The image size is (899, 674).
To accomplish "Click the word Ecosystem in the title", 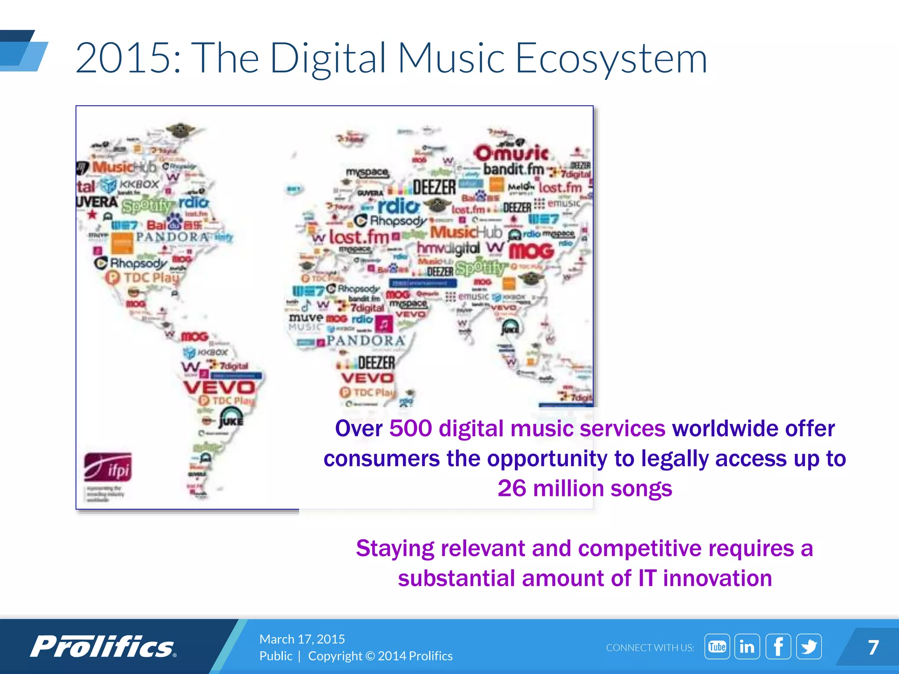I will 611,58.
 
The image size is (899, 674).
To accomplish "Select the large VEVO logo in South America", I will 219,387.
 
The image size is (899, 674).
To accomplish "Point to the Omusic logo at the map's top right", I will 511,153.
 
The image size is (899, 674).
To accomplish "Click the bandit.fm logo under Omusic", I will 514,169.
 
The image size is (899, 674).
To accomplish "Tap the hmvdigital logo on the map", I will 448,248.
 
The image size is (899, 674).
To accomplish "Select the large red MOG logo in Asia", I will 532,251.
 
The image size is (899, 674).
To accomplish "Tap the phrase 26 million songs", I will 585,488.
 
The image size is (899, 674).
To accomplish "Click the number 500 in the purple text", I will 410,428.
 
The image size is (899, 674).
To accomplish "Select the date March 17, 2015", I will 302,639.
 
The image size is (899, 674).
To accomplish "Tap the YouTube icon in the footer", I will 717,646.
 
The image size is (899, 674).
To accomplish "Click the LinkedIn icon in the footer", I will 747,646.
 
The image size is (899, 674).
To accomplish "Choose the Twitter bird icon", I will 809,646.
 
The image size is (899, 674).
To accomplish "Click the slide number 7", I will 873,647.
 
